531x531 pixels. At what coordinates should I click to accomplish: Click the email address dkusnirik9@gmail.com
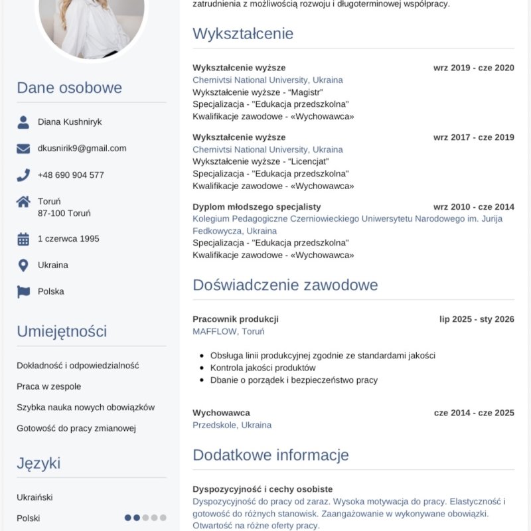(x=82, y=148)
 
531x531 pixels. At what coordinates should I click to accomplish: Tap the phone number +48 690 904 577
(x=70, y=175)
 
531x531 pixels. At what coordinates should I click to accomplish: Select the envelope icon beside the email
(x=23, y=149)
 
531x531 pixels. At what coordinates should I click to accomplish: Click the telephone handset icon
(x=23, y=175)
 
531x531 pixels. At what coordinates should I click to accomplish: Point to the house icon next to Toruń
(x=23, y=201)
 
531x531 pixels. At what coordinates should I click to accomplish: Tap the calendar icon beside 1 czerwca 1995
(x=23, y=239)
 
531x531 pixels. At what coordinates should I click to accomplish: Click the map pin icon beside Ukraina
(x=23, y=265)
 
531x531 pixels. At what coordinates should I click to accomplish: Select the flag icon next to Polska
(x=23, y=291)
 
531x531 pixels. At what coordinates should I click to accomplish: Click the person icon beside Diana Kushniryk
(x=23, y=122)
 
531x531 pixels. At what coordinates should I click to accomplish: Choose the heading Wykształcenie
(x=243, y=33)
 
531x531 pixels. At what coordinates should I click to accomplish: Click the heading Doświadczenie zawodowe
(x=285, y=285)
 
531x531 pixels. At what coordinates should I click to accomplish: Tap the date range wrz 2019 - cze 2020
(x=474, y=68)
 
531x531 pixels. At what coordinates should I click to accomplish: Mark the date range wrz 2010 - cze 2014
(x=474, y=207)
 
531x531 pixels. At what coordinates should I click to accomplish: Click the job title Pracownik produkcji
(x=236, y=319)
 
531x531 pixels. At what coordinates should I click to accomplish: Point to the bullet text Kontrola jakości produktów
(x=263, y=368)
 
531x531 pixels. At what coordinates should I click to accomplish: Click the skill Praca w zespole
(x=49, y=386)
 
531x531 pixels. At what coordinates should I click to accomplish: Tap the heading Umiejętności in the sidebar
(x=62, y=331)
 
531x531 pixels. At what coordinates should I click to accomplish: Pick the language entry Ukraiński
(x=35, y=497)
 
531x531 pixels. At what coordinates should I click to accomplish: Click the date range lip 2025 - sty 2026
(x=477, y=319)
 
